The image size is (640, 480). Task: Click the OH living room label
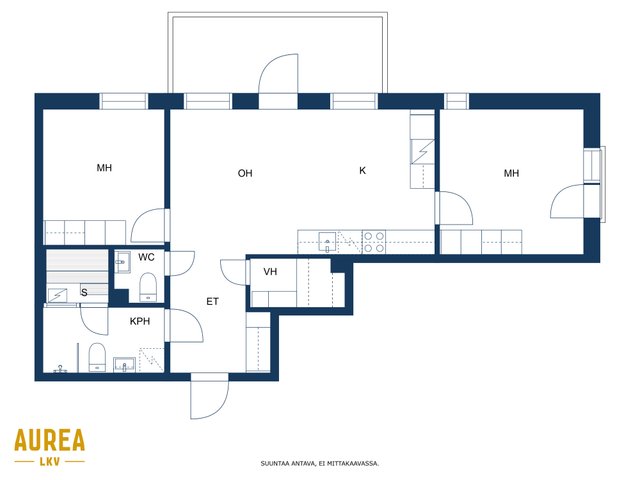point(245,173)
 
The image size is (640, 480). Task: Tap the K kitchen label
point(362,171)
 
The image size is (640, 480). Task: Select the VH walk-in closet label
point(270,271)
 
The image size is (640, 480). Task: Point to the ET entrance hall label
point(212,302)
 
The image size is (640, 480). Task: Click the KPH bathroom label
point(140,321)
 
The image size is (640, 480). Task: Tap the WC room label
point(146,257)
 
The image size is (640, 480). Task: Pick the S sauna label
point(84,292)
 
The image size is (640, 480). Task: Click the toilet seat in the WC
point(148,287)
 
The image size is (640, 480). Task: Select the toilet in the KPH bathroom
point(97,357)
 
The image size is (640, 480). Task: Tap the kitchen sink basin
point(327,242)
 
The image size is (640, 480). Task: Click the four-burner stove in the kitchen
point(374,242)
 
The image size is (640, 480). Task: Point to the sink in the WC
point(122,262)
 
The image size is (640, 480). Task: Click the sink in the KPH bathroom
point(124,364)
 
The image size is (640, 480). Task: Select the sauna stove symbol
point(58,295)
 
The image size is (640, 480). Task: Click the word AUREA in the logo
point(50,440)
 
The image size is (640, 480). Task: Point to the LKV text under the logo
point(50,462)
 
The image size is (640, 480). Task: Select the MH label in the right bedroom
point(511,173)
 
